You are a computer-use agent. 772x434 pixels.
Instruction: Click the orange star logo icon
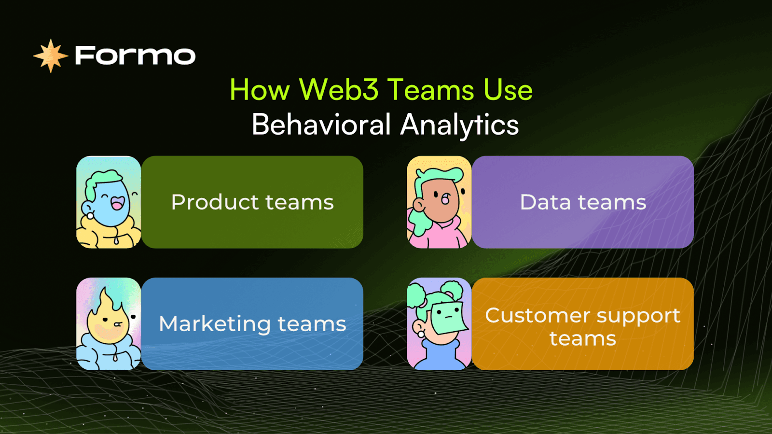[51, 56]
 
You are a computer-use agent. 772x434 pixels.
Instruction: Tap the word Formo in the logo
[135, 56]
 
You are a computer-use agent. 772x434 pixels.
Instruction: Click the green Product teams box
[252, 202]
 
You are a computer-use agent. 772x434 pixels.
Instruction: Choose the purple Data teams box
[582, 202]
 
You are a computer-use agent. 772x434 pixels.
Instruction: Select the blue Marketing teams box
[252, 324]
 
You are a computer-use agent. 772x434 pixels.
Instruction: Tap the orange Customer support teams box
[582, 324]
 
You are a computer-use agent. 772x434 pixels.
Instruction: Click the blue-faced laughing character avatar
[109, 202]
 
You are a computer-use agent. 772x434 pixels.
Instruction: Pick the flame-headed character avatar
[109, 324]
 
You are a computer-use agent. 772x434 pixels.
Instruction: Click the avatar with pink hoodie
[439, 202]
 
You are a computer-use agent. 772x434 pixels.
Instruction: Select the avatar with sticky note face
[439, 324]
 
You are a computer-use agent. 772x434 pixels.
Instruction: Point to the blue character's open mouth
[117, 203]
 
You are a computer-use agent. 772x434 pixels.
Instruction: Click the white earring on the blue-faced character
[90, 216]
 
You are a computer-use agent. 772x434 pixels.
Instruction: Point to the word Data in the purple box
[545, 202]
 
